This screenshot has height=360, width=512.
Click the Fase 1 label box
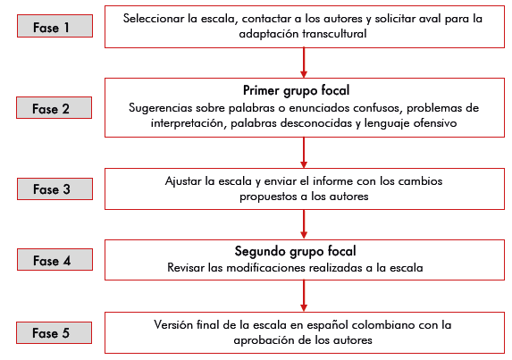pyautogui.click(x=55, y=26)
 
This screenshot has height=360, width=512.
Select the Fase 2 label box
pyautogui.click(x=55, y=108)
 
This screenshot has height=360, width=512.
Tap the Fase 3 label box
pyautogui.click(x=55, y=189)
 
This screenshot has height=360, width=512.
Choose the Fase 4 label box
pyautogui.click(x=55, y=260)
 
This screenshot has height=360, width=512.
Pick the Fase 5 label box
pyautogui.click(x=55, y=333)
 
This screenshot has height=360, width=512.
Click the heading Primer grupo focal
pyautogui.click(x=296, y=91)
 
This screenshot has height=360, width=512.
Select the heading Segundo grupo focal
pyautogui.click(x=295, y=251)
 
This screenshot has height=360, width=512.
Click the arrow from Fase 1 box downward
pyautogui.click(x=304, y=63)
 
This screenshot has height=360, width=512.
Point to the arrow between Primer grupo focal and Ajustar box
pyautogui.click(x=304, y=153)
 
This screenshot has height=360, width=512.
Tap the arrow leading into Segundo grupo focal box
pyautogui.click(x=304, y=224)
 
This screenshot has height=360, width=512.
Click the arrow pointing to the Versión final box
pyautogui.click(x=304, y=296)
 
